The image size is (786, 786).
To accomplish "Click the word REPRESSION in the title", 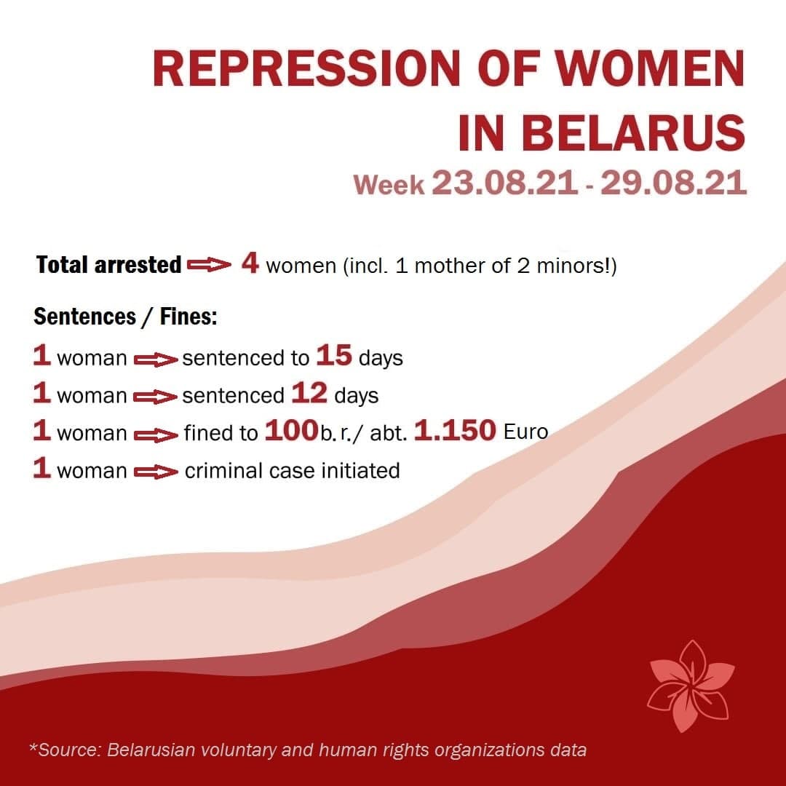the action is (x=306, y=68).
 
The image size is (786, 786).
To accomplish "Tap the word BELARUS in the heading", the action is (x=634, y=133).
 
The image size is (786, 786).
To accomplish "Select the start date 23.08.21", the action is (x=504, y=183).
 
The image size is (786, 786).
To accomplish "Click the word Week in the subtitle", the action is (x=389, y=184).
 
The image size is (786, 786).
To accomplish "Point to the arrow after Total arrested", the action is (x=209, y=264).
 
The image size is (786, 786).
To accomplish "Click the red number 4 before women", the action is (x=250, y=263).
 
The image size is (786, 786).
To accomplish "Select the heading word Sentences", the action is (x=84, y=317).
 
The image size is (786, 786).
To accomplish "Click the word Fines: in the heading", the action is (x=188, y=317).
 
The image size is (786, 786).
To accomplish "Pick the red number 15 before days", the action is (x=334, y=355).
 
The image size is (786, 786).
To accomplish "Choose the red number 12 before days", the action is (x=309, y=393).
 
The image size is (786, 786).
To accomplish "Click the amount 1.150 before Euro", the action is (x=455, y=430).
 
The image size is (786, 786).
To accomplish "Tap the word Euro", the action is (x=526, y=432).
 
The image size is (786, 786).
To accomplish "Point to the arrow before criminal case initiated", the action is (x=156, y=472).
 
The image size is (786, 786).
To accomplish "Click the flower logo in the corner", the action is (x=691, y=686).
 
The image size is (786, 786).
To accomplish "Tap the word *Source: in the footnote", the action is (x=65, y=750).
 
